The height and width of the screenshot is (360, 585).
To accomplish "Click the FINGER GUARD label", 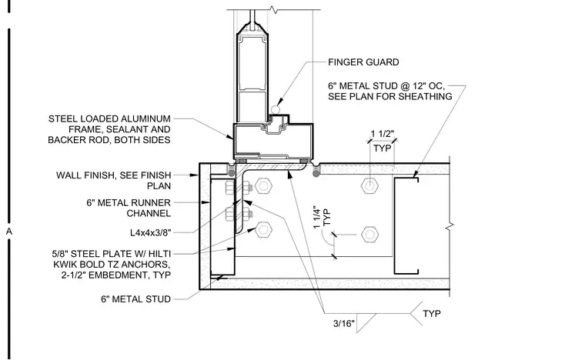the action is tap(363, 62).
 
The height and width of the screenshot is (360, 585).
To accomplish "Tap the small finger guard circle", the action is tap(276, 110).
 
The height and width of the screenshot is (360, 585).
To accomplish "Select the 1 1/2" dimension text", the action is tap(383, 134).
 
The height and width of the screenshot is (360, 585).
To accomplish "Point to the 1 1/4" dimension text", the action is tap(317, 217).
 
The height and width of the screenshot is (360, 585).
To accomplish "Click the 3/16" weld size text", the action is tap(344, 324).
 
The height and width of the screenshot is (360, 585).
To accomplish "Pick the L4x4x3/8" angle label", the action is tap(150, 233).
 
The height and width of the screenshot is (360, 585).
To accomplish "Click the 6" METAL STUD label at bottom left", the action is tap(135, 299).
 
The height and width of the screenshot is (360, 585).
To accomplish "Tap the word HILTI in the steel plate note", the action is tap(159, 254).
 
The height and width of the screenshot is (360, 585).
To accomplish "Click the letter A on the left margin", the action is tap(9, 232).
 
